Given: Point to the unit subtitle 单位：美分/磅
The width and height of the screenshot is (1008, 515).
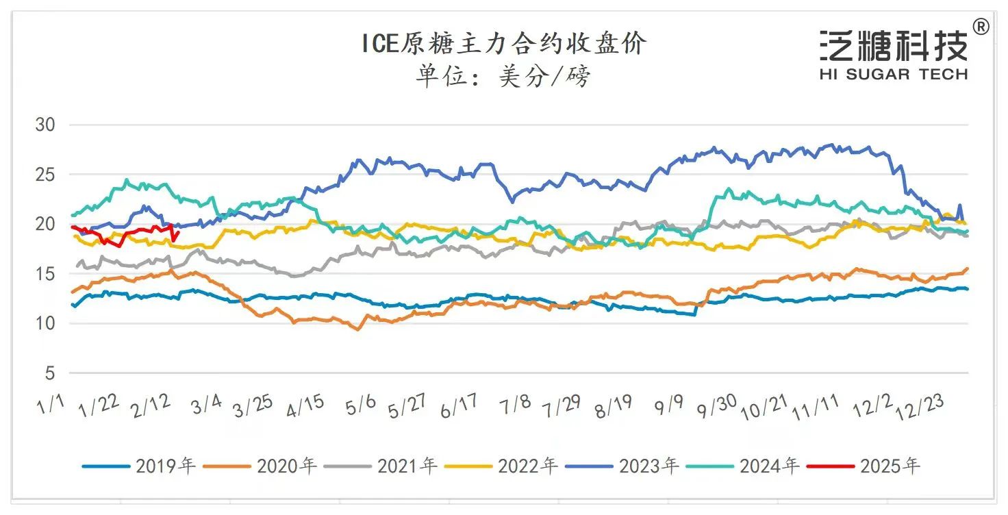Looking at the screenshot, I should pyautogui.click(x=503, y=76).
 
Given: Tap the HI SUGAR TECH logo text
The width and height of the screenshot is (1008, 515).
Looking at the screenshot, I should pyautogui.click(x=894, y=74).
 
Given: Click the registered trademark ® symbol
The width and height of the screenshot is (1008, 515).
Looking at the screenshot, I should pyautogui.click(x=981, y=27).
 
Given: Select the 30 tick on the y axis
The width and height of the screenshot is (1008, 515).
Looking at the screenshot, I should pyautogui.click(x=45, y=125).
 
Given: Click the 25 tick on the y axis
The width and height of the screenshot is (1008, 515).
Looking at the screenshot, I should pyautogui.click(x=45, y=175).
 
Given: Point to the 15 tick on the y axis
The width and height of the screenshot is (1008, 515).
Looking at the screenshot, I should pyautogui.click(x=45, y=275).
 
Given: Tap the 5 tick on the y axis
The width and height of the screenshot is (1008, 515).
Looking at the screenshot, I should pyautogui.click(x=51, y=374).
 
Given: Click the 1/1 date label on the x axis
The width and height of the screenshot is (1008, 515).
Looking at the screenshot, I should pyautogui.click(x=51, y=406).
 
